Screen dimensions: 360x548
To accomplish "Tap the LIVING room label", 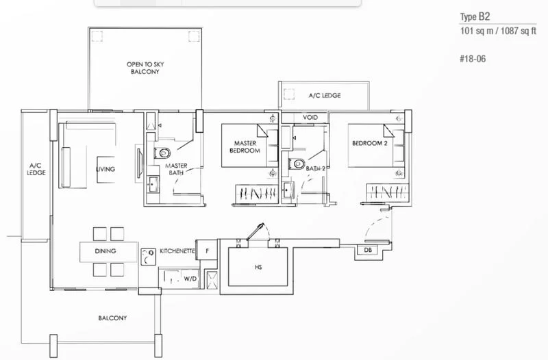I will pos(105,169).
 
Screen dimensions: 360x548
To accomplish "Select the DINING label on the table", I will pos(105,251).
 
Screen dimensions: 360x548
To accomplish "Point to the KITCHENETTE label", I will pos(176,251).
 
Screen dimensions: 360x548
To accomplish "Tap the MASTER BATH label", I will pos(175,170).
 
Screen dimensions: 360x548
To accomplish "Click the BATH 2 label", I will pos(315,167).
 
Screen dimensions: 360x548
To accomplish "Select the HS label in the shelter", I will pos(257,267).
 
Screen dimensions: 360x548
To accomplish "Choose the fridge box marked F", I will pos(207,251).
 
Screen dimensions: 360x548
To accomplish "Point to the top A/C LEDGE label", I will pos(324,95).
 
